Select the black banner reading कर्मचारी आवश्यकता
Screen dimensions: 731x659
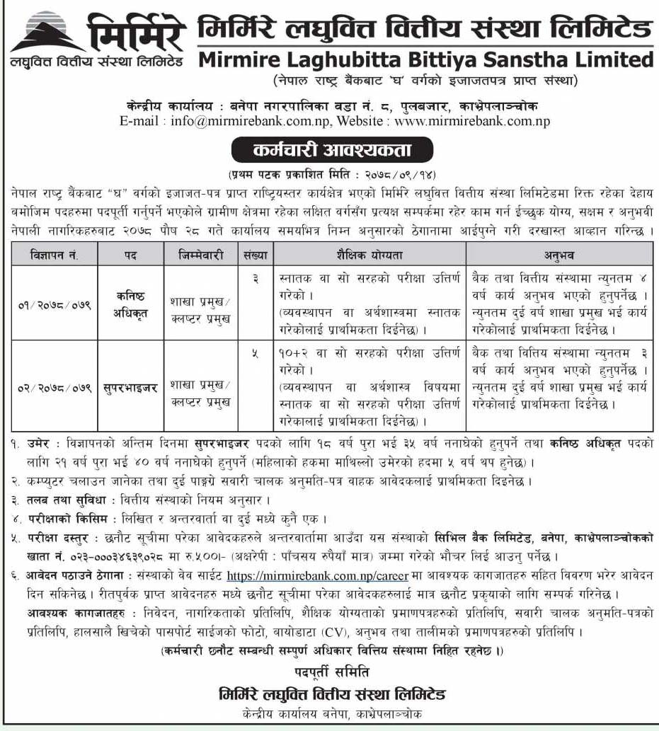pos(331,151)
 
